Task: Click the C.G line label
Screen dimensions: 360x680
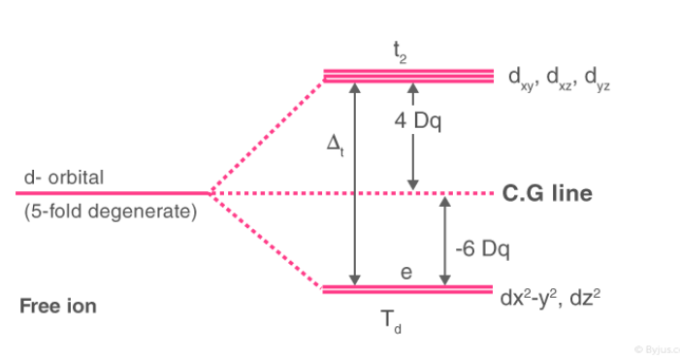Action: (547, 194)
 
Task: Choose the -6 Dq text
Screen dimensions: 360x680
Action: (482, 248)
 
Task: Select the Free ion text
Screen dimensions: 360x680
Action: (58, 307)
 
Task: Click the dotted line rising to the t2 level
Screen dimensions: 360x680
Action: (268, 134)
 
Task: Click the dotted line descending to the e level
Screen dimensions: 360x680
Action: (268, 243)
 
